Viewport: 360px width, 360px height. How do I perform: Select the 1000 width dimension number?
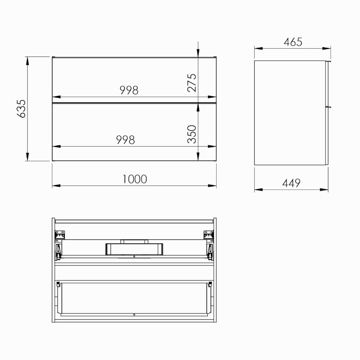(x=135, y=179)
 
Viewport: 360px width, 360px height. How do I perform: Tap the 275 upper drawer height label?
(x=192, y=83)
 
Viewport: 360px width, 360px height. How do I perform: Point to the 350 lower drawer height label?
(x=192, y=134)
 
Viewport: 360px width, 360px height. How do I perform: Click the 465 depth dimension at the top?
(x=293, y=42)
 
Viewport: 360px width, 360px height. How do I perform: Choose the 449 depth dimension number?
(x=291, y=183)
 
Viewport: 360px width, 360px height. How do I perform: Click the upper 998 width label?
(x=129, y=90)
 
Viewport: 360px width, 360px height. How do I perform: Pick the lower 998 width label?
(x=126, y=140)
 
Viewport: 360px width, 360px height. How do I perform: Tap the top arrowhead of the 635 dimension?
(x=27, y=61)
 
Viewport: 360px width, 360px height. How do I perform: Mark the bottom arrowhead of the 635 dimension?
(x=27, y=157)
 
